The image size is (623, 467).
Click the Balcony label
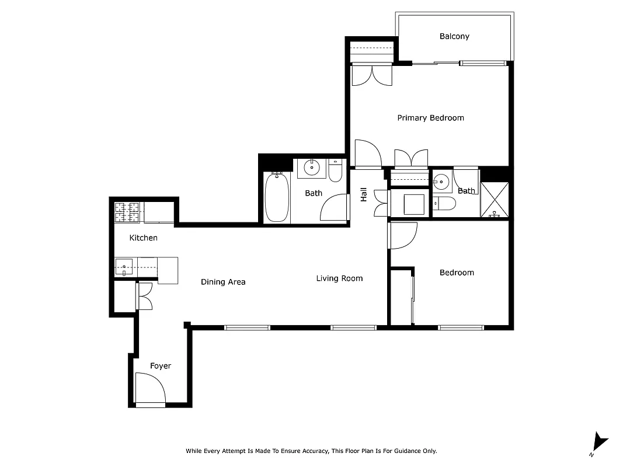coord(454,36)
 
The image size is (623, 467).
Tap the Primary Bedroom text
coord(430,118)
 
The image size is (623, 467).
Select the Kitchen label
coord(143,238)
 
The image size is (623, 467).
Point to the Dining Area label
coord(223,282)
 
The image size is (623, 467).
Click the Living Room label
coord(339,278)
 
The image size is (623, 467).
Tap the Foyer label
coord(161,366)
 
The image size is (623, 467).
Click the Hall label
coord(364,195)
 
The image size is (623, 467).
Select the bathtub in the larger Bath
coord(277,197)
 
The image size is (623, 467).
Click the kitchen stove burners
coord(128,212)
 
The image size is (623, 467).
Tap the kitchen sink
coord(124,267)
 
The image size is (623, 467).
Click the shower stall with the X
coord(495,200)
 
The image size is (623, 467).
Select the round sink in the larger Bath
coord(312,168)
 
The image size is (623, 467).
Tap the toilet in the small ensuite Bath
coord(446,203)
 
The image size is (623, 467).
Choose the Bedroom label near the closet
coord(457,273)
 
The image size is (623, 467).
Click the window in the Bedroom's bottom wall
coord(461,327)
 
